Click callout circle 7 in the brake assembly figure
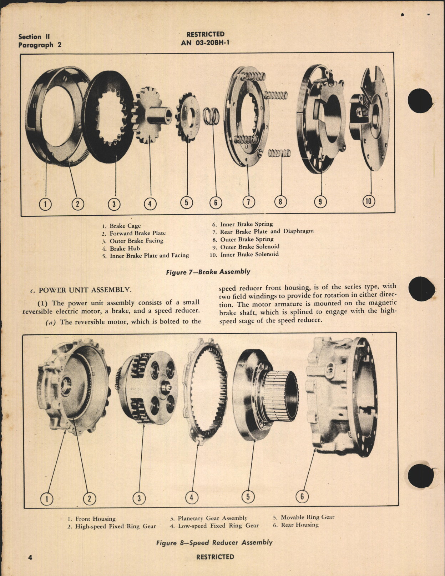[x=249, y=202]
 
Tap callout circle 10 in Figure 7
[x=369, y=201]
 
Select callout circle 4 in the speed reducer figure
[x=192, y=497]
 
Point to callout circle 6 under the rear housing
[x=302, y=496]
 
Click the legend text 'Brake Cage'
[x=125, y=226]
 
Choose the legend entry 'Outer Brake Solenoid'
[x=249, y=247]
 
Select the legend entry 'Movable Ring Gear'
[x=307, y=517]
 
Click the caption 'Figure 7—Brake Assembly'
[x=208, y=272]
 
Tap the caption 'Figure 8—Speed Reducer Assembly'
[x=214, y=542]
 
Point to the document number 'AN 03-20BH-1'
[x=205, y=42]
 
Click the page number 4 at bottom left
[x=30, y=557]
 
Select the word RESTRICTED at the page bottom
[x=215, y=557]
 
